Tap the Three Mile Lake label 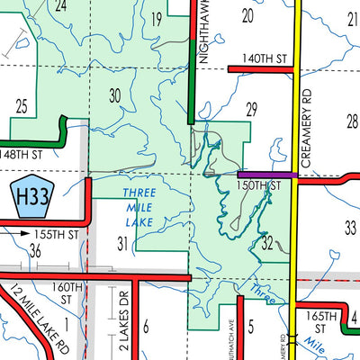[x=139, y=206]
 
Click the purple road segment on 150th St [x=267, y=175]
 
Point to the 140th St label [x=268, y=58]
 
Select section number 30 [x=113, y=94]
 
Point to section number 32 [x=267, y=243]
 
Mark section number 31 [x=122, y=242]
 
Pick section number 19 [x=156, y=19]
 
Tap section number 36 [x=34, y=251]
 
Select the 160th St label [x=67, y=293]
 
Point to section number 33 [x=350, y=228]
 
